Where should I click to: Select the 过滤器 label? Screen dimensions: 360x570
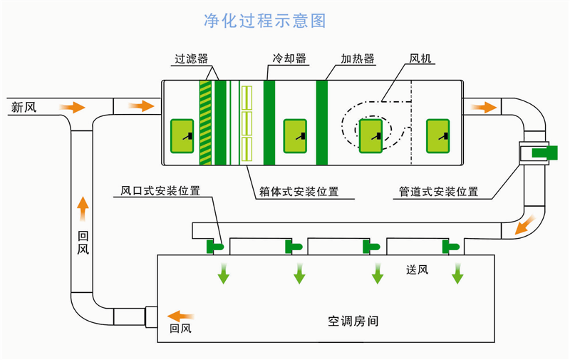[x=192, y=59]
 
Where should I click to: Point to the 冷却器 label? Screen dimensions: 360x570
[x=284, y=59]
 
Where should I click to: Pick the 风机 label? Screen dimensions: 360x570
[x=420, y=59]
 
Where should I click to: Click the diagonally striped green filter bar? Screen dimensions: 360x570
[x=205, y=123]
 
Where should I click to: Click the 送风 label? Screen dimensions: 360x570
[x=417, y=270]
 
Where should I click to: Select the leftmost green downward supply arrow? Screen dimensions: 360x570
[x=224, y=273]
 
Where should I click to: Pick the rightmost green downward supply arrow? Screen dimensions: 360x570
[x=457, y=273]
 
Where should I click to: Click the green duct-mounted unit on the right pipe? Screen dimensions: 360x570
[x=544, y=151]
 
